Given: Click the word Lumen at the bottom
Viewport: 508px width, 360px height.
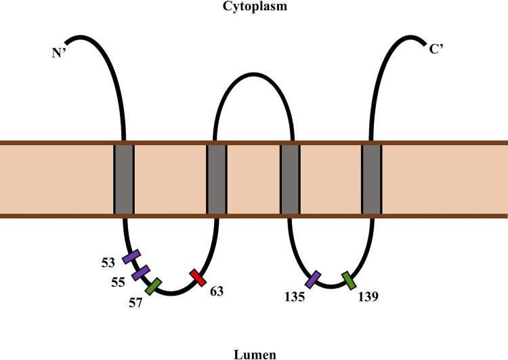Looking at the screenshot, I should coord(254,353).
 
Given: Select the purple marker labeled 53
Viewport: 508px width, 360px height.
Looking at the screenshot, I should coord(131,257).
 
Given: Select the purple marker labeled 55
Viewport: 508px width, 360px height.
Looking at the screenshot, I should coord(141,272).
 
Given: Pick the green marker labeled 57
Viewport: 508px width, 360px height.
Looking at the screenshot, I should coord(154,286).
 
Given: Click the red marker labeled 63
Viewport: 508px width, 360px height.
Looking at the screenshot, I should coord(198,277).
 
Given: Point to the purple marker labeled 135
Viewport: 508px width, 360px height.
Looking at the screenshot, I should coord(313,279).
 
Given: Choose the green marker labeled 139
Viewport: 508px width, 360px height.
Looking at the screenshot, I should coord(349,279).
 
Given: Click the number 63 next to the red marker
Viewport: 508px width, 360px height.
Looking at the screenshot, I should coord(215,292).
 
